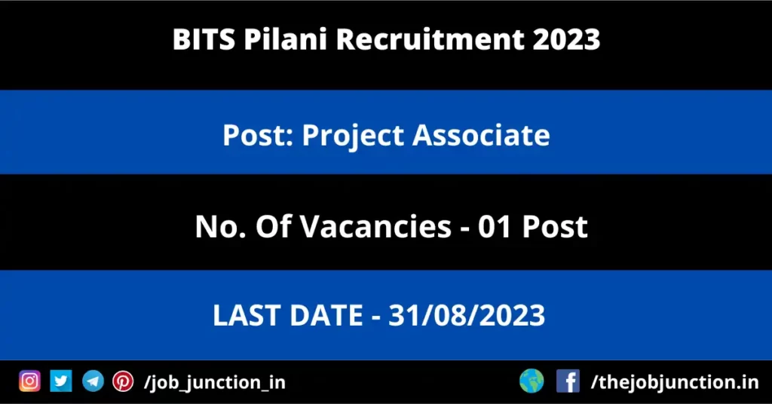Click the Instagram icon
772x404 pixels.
pyautogui.click(x=29, y=381)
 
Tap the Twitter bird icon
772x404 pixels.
pyautogui.click(x=61, y=381)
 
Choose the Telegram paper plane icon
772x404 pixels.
pyautogui.click(x=93, y=381)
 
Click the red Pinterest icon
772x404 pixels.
pyautogui.click(x=123, y=381)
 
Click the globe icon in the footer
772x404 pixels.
pyautogui.click(x=532, y=381)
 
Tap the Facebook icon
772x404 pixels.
pyautogui.click(x=568, y=381)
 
